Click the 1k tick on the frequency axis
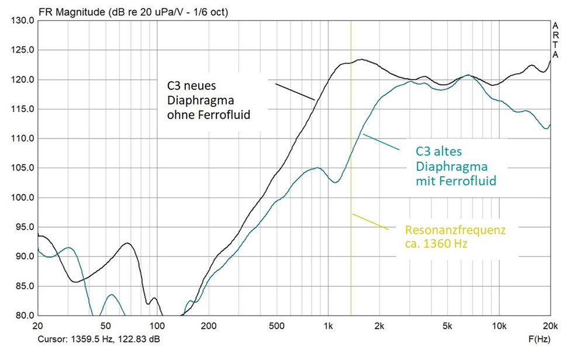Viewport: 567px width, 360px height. click(x=329, y=326)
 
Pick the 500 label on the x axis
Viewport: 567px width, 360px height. click(x=276, y=326)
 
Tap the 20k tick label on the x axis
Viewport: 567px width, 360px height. click(x=549, y=326)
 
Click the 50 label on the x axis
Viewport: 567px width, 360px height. click(x=105, y=326)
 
